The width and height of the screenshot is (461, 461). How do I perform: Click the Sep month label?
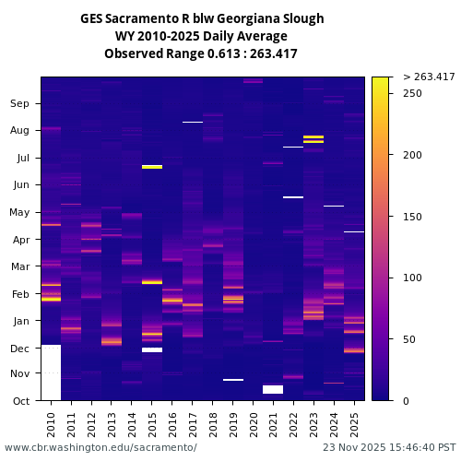click(20, 103)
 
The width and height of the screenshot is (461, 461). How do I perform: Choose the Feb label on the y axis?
click(20, 293)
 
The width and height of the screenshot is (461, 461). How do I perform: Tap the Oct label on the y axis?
click(20, 401)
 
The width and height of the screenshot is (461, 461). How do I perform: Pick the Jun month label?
click(20, 184)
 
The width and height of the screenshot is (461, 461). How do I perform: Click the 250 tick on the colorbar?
click(413, 93)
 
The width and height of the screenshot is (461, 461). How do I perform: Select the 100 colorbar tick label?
click(413, 278)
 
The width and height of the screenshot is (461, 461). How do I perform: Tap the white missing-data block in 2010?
click(51, 372)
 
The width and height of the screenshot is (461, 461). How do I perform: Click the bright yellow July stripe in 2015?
click(152, 167)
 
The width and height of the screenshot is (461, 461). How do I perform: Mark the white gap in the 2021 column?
click(273, 389)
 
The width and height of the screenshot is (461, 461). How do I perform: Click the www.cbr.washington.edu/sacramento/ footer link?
click(100, 447)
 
